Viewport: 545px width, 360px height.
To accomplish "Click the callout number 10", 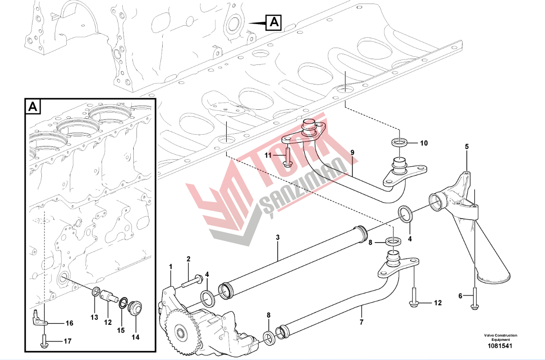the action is point(424,143).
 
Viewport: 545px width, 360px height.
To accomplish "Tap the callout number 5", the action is point(467,147).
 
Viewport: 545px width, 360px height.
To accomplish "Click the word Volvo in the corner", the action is point(489,336).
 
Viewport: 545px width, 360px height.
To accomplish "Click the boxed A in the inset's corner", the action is point(33,107).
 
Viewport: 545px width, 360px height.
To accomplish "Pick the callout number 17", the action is point(68,341).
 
